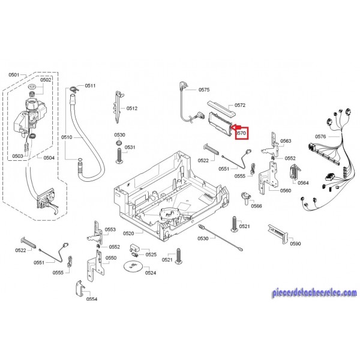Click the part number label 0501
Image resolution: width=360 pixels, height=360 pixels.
[14, 74]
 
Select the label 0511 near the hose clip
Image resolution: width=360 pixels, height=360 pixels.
[90, 86]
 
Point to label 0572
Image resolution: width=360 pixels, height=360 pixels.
[240, 105]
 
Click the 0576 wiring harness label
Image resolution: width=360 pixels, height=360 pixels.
[320, 137]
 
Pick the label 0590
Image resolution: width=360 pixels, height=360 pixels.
[295, 244]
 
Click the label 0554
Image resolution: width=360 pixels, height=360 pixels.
[91, 299]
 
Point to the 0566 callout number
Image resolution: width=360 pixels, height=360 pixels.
[257, 206]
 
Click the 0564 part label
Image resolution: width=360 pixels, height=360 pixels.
[303, 183]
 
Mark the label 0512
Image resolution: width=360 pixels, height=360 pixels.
[132, 108]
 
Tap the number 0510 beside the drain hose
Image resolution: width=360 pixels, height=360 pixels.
[67, 137]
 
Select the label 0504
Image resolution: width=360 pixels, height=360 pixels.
[49, 158]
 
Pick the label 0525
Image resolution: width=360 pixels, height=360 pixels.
[151, 254]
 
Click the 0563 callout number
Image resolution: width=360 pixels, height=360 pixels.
[286, 141]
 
